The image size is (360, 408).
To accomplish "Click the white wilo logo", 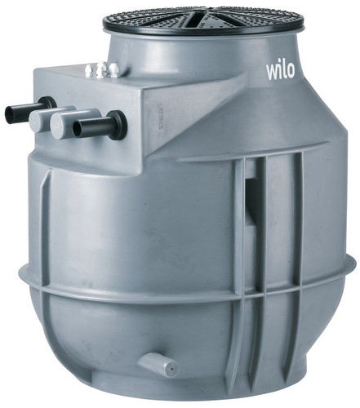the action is coord(280,71).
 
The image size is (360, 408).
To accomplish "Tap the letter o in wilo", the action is coord(290,73).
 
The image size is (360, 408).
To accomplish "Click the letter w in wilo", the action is coord(272,73).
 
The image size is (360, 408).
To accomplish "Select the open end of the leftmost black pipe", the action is coord(10,115).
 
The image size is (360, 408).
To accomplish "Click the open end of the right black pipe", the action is coord(78,129).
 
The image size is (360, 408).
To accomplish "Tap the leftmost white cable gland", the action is coord(89,69).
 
